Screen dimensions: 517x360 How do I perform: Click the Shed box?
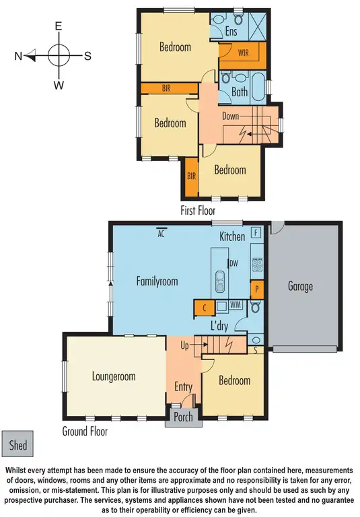pyautogui.click(x=18, y=445)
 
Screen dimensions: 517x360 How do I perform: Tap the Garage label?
pyautogui.click(x=300, y=286)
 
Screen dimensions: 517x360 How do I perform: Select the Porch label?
pyautogui.click(x=183, y=417)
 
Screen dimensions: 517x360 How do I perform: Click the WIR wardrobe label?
pyautogui.click(x=245, y=53)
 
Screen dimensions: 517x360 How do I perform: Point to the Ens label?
pyautogui.click(x=231, y=31)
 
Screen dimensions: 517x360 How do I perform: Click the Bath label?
pyautogui.click(x=240, y=92)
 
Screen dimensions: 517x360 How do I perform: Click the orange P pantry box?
pyautogui.click(x=256, y=289)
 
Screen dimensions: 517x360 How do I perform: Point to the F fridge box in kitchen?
pyautogui.click(x=256, y=233)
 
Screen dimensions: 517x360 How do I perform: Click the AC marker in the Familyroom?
pyautogui.click(x=161, y=234)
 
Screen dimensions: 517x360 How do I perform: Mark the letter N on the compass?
pyautogui.click(x=19, y=56)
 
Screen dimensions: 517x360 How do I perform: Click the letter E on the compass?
pyautogui.click(x=59, y=26)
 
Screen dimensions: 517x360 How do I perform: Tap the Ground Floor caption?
pyautogui.click(x=85, y=431)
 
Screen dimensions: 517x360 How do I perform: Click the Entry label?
pyautogui.click(x=183, y=387)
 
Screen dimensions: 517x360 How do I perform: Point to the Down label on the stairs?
pyautogui.click(x=230, y=116)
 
